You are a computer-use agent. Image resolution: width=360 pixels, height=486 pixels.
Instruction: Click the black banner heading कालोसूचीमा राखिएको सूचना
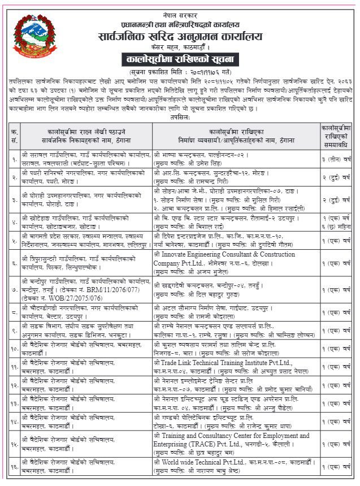click(180, 59)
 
